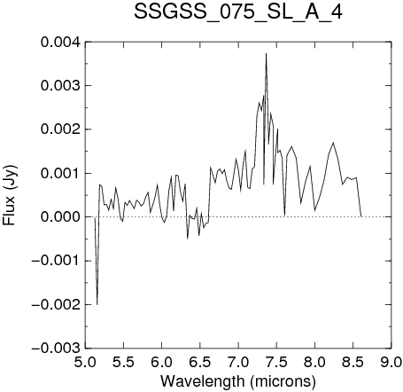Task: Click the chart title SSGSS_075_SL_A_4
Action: [238, 12]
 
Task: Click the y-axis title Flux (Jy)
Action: [10, 195]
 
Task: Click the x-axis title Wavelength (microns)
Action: [238, 381]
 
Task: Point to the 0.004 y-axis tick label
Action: [60, 42]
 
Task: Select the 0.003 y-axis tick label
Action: [60, 86]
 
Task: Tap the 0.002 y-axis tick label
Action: [60, 129]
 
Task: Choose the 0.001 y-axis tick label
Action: [60, 173]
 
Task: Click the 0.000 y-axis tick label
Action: [60, 217]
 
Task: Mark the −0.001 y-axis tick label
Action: [56, 261]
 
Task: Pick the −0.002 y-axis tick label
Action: [56, 304]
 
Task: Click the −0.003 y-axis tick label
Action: [56, 349]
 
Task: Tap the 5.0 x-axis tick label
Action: [85, 362]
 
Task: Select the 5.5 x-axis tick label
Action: [124, 362]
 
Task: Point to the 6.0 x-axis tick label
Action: [162, 362]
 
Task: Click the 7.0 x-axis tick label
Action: [238, 362]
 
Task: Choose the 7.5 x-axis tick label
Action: [276, 362]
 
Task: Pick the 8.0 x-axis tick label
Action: [314, 362]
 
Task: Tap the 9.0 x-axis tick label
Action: [391, 362]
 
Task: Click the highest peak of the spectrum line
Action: [266, 53]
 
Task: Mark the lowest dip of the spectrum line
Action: [97, 304]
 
